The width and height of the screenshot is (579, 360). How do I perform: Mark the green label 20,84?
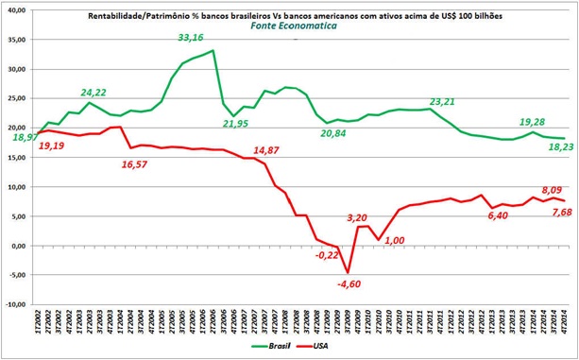(x=340, y=134)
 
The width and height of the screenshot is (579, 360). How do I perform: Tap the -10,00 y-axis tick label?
(x=15, y=305)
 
